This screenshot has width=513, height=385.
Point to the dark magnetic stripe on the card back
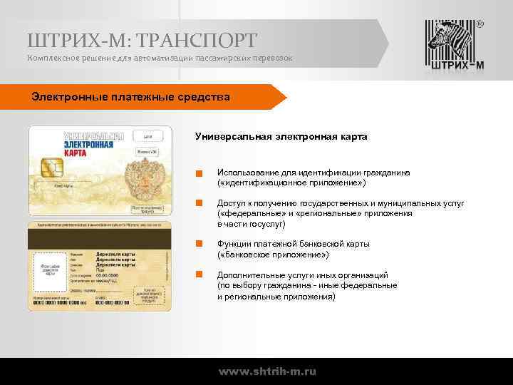tap(100, 236)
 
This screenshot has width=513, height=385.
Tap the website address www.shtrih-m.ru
tap(267, 371)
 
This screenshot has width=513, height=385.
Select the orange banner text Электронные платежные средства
tap(130, 96)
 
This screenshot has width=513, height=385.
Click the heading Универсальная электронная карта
tap(281, 137)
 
